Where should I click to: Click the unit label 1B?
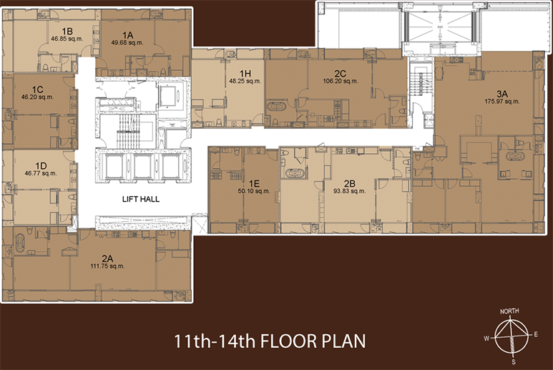[x=67, y=31]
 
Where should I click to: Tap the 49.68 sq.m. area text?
[x=127, y=43]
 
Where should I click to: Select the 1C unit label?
[x=37, y=89]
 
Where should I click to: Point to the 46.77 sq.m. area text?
[x=41, y=173]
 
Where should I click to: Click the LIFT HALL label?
[x=141, y=199]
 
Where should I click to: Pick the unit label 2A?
[x=107, y=258]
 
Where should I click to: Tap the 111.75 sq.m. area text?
[x=107, y=266]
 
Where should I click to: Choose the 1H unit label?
[x=245, y=74]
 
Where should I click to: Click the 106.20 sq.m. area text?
[x=341, y=81]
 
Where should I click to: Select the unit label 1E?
[x=254, y=183]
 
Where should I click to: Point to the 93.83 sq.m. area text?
[x=350, y=191]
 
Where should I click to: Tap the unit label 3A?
[x=502, y=94]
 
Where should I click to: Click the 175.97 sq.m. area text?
[x=502, y=101]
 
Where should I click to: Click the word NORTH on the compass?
[x=509, y=311]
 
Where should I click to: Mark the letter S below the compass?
[x=514, y=361]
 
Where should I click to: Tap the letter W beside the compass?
[x=486, y=339]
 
